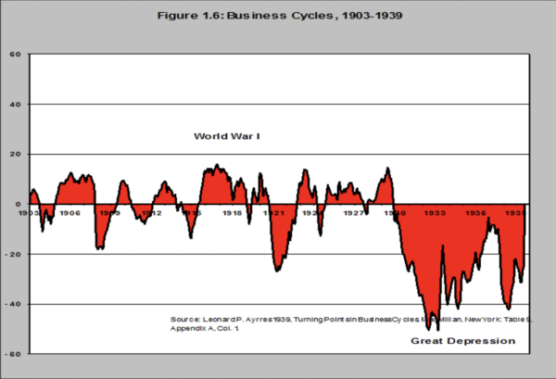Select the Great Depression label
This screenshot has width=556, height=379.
462,341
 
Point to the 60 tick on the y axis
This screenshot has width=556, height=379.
16,54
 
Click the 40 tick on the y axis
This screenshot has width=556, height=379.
16,104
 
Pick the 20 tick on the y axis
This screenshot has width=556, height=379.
16,154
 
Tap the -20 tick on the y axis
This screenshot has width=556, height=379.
14,254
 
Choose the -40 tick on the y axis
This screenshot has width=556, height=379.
14,304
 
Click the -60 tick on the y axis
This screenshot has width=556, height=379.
14,354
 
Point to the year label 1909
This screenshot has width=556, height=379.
110,213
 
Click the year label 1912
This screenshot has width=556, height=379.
151,213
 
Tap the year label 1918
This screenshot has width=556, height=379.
232,213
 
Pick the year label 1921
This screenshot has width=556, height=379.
272,213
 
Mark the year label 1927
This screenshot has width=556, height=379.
353,213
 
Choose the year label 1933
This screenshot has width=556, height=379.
435,213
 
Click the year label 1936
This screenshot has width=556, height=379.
475,213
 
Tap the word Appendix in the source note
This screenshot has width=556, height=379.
189,328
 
